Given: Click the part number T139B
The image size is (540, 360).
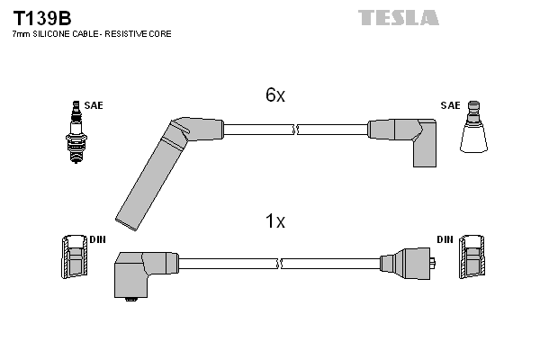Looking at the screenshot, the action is (x=42, y=18).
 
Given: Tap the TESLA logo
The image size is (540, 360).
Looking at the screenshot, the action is (x=399, y=18).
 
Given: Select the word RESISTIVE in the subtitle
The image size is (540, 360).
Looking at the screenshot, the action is (x=126, y=34).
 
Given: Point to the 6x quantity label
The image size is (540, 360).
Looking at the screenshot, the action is (x=275, y=94).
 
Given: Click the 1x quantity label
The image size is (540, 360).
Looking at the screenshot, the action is (x=275, y=220).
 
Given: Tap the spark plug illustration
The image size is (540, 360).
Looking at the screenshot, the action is (x=76, y=132).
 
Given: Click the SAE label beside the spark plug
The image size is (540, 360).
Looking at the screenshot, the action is (x=94, y=105).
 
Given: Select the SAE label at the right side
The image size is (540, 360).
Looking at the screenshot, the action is (x=450, y=105).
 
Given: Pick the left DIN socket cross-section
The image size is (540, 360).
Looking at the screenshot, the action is (x=74, y=256).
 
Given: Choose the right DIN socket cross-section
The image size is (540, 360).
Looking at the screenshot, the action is (x=472, y=256).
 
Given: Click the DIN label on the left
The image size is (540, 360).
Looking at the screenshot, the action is (x=97, y=239).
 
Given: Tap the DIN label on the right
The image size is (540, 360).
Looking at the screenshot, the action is (x=445, y=239).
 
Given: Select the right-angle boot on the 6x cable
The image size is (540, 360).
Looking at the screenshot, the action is (x=407, y=138).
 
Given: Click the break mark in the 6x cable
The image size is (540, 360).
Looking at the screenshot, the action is (x=295, y=130).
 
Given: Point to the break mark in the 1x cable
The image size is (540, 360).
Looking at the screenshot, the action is (x=279, y=264).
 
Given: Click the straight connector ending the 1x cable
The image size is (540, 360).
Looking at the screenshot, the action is (x=408, y=264).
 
